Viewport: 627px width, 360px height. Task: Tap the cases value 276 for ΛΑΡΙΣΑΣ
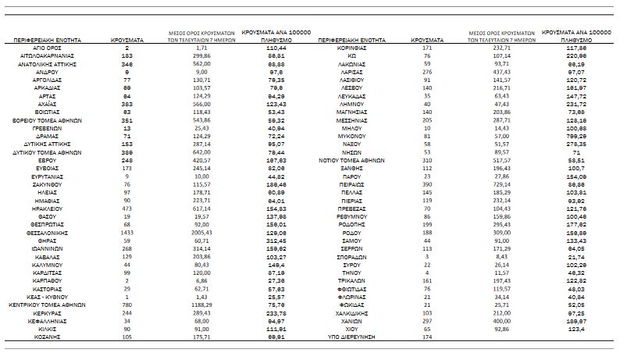(427, 71)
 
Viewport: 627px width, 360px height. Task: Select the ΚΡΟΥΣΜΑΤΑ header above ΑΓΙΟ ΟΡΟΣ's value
(126, 37)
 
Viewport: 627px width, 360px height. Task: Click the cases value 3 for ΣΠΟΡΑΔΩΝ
(427, 255)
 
